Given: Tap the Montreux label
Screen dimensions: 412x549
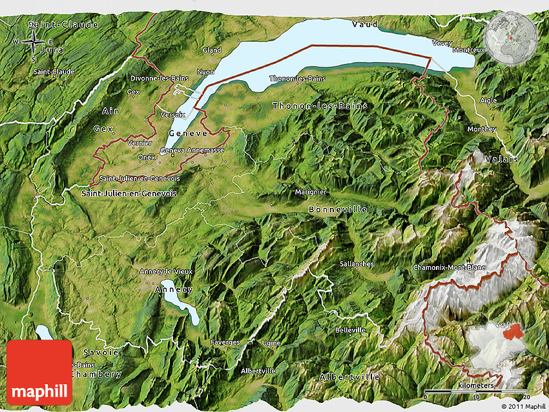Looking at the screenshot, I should [x=468, y=50].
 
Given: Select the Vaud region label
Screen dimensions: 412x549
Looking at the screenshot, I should [x=364, y=24].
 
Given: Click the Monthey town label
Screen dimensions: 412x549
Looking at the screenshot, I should [x=482, y=129].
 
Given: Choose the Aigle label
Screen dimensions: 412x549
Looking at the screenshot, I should [x=489, y=100].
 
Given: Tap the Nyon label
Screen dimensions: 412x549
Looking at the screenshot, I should [x=205, y=72].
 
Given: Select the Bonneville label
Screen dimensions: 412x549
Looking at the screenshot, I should [x=337, y=209].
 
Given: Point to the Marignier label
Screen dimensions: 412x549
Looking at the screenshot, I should [x=310, y=192].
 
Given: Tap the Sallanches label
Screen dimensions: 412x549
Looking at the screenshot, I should [x=357, y=263].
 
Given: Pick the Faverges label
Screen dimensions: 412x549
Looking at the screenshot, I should [x=225, y=342].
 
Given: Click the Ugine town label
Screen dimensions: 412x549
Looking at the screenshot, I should [x=271, y=343].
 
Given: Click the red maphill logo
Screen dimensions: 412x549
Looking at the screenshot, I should [x=39, y=373].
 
